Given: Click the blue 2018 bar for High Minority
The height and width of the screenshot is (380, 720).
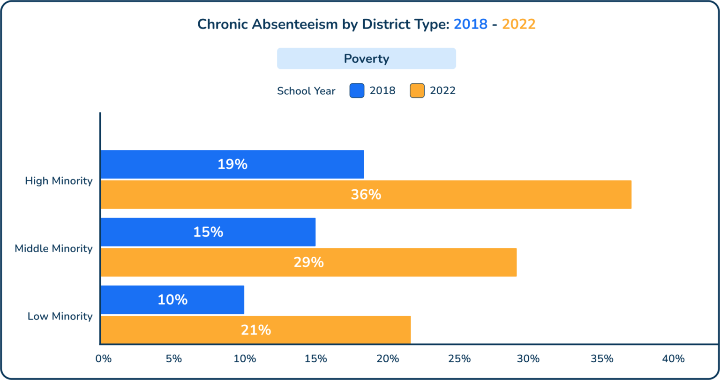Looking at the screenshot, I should point(232,164).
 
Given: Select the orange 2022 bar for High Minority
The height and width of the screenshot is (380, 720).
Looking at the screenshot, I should point(366,194).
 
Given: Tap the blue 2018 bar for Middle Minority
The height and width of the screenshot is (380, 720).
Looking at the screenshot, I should point(208,232).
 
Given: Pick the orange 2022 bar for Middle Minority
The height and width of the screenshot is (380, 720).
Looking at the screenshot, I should point(309,262).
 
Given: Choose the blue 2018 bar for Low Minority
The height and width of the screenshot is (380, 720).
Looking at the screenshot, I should point(172,300).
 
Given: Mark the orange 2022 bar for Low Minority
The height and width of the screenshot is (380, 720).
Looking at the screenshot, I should point(256,330).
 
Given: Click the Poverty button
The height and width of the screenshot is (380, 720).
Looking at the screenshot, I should point(367,59).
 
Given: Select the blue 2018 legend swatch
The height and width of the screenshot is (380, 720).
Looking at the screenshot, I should point(357,90).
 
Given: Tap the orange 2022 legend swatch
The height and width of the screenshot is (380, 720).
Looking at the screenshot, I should point(417,90).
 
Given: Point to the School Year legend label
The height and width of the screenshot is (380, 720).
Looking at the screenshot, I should point(306,91).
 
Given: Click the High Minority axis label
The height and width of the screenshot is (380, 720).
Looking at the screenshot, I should point(59,181).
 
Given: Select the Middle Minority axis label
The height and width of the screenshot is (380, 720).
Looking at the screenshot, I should point(53,248).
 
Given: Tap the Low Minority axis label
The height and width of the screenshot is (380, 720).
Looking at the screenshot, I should point(60,316).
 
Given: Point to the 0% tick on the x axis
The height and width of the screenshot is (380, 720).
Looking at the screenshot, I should point(103,359).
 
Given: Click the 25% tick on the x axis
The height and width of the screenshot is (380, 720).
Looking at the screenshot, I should point(459,359).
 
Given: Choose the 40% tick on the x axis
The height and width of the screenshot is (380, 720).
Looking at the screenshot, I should point(673,359).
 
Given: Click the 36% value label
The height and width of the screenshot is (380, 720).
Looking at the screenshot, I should point(366,194).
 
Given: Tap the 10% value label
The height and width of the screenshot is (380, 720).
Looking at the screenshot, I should point(172,300).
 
